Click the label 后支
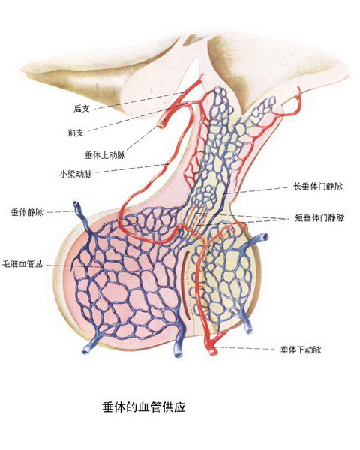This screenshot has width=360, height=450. tap(82, 109)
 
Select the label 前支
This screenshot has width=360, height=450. tap(76, 133)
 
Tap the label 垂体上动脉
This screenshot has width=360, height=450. tap(105, 155)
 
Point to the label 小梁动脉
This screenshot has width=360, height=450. tap(76, 174)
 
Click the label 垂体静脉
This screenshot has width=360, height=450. tap(27, 212)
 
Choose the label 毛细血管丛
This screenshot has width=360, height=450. tap(22, 264)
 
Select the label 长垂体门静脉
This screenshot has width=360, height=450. tap(318, 187)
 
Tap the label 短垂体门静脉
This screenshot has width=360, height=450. tap(319, 217)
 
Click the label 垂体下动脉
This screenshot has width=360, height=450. tap(301, 349)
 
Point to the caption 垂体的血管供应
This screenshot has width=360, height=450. tap(144, 407)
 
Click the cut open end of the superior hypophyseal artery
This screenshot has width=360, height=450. tap(162, 124)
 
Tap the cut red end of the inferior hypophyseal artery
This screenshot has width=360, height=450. tap(213, 351)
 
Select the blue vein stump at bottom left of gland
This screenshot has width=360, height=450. tap(86, 350)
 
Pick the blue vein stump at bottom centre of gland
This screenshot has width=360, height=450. tap(178, 353)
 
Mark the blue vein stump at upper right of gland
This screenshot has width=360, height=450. tap(265, 237)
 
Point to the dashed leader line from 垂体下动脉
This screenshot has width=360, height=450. tap(245, 348)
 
